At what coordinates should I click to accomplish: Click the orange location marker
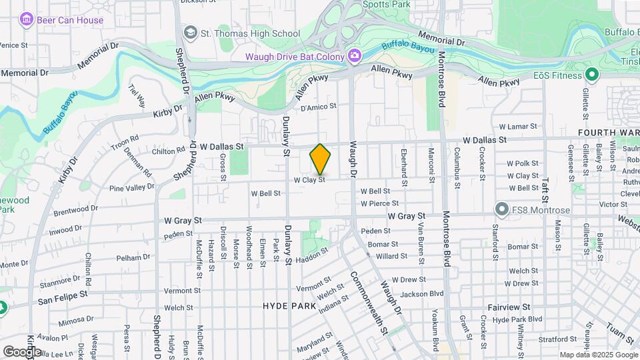coord(320,159)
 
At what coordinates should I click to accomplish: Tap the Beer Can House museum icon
coord(27,20)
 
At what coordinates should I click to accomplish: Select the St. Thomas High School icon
coord(191,33)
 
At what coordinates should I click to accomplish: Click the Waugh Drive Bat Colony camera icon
coord(354,56)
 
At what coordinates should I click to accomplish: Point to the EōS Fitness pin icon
coord(591,75)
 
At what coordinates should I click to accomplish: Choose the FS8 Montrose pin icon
coord(501,211)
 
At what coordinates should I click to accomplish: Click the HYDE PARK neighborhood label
coord(289,306)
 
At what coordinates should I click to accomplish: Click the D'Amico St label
coord(318,106)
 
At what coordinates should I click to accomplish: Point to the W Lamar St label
coord(517,126)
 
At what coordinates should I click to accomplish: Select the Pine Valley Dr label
coord(131,188)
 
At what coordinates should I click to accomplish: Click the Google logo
coord(21,351)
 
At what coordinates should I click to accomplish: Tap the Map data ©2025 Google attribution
coord(598,355)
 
